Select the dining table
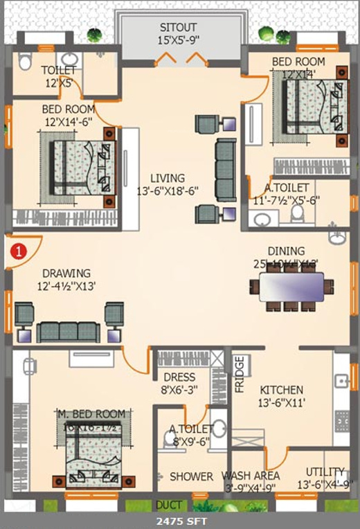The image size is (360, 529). pyautogui.click(x=291, y=286)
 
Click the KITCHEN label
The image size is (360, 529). pyautogui.click(x=282, y=390)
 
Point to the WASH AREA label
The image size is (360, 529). pyautogui.click(x=251, y=476)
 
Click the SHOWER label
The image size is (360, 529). pyautogui.click(x=191, y=476)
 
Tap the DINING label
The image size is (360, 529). pyautogui.click(x=286, y=251)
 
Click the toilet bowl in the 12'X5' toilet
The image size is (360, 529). pyautogui.click(x=26, y=62)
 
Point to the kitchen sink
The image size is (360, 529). pyautogui.click(x=341, y=380)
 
